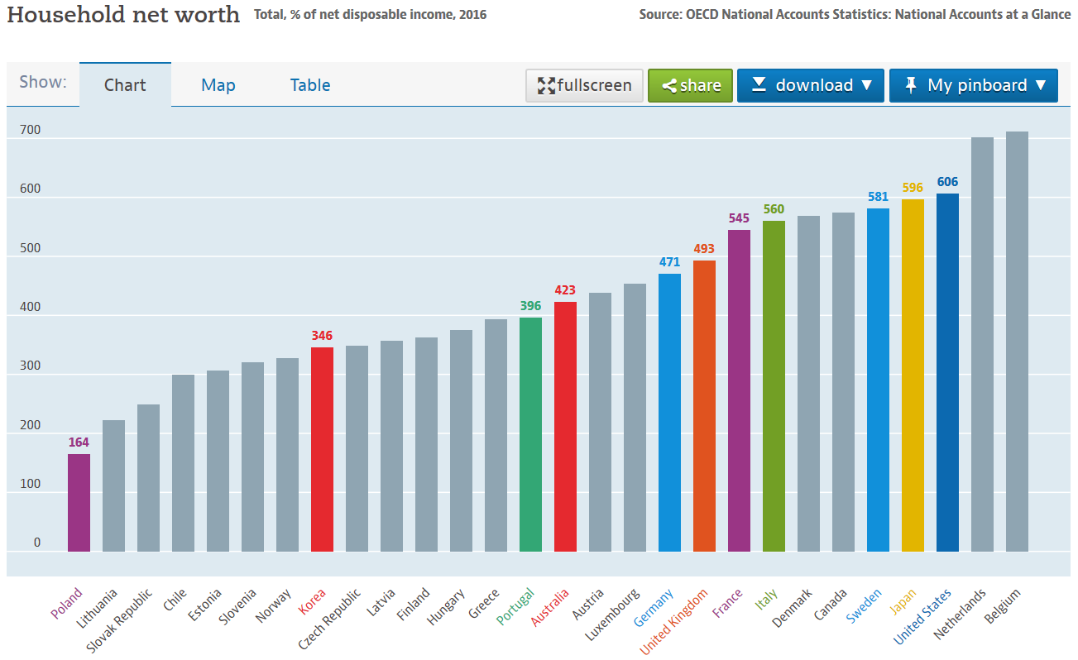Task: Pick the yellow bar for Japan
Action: [x=913, y=375]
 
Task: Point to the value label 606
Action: [x=947, y=182]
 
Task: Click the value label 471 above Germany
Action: [x=669, y=262]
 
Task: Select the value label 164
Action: [x=79, y=442]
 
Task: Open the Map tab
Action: [x=218, y=85]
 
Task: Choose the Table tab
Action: [x=310, y=85]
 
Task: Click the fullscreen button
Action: [x=584, y=85]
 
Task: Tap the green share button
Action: [x=690, y=85]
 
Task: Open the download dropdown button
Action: [x=810, y=85]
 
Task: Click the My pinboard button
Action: [x=973, y=85]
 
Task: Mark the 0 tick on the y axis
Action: [x=36, y=543]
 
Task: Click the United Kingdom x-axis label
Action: [x=675, y=620]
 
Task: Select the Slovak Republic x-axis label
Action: [x=121, y=620]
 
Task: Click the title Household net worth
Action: [x=123, y=14]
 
